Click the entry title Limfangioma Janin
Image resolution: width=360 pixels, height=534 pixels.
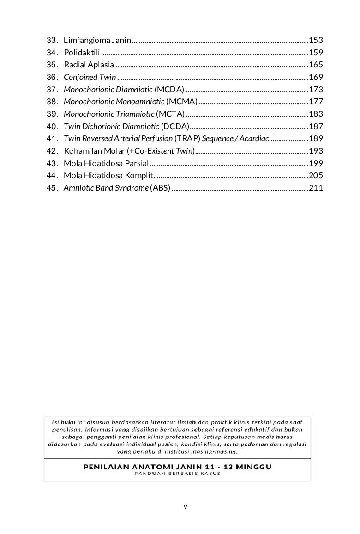coord(97,40)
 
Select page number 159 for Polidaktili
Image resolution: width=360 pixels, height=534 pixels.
coord(316,53)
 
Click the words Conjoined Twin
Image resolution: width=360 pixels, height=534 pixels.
coord(90,77)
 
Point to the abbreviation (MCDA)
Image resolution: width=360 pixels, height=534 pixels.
coord(169,90)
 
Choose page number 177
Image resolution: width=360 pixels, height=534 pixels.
coord(316,102)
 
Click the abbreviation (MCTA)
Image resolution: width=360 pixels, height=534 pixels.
coord(170,114)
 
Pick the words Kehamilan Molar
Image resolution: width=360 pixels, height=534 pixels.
coord(90,151)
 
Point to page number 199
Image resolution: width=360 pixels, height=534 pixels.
coord(316,163)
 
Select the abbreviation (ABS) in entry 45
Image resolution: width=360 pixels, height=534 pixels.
coord(161,188)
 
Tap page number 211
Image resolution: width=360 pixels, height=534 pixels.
coord(316,188)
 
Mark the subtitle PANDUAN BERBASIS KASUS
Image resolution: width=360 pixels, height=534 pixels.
coord(177,474)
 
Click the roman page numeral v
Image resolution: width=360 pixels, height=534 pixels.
coord(185,507)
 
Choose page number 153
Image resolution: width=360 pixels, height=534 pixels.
coord(316,40)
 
